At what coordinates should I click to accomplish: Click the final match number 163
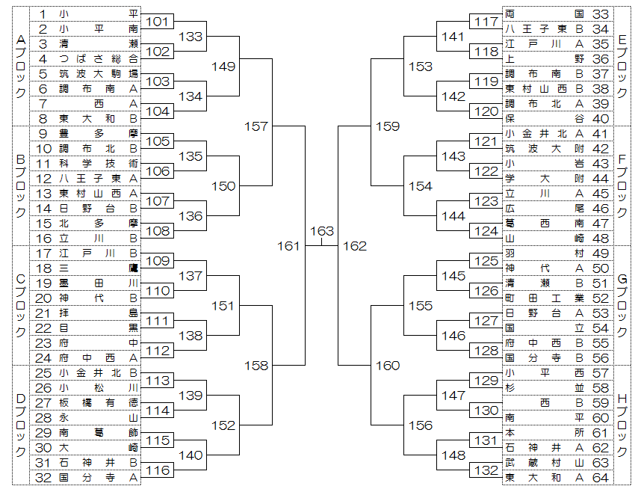pos(322,231)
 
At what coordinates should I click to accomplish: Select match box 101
pos(157,22)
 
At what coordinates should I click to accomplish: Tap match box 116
pos(157,470)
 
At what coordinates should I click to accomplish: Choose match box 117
pos(486,22)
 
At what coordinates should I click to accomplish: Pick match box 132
pos(486,470)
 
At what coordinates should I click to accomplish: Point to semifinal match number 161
pos(289,246)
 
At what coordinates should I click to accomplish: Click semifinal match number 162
pos(355,246)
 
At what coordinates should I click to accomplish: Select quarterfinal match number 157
pos(256,126)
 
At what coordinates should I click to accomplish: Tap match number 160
pos(388,366)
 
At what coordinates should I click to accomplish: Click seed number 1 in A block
pos(43,14)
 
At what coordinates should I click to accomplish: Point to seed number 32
pos(43,478)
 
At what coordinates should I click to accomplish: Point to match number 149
pos(223,67)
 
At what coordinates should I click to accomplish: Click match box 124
pos(486,231)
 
